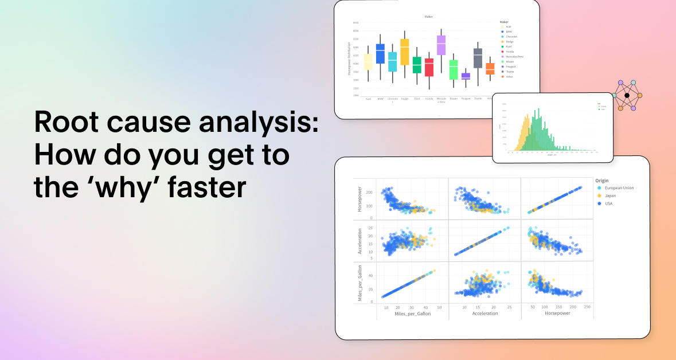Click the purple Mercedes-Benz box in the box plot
point(441,45)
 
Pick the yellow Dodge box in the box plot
point(404,52)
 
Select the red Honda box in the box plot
point(429,67)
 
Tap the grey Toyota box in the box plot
point(478,58)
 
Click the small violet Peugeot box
point(466,76)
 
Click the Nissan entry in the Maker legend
point(509,61)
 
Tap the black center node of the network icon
point(627,95)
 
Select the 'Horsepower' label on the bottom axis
point(557,314)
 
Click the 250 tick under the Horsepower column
point(587,307)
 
